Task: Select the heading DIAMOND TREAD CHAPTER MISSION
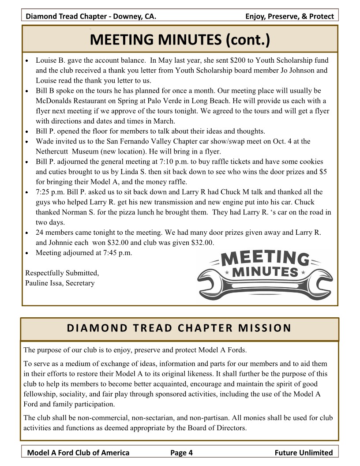pos(180,329)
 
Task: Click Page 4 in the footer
pos(181,453)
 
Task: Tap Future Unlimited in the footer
pos(304,453)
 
